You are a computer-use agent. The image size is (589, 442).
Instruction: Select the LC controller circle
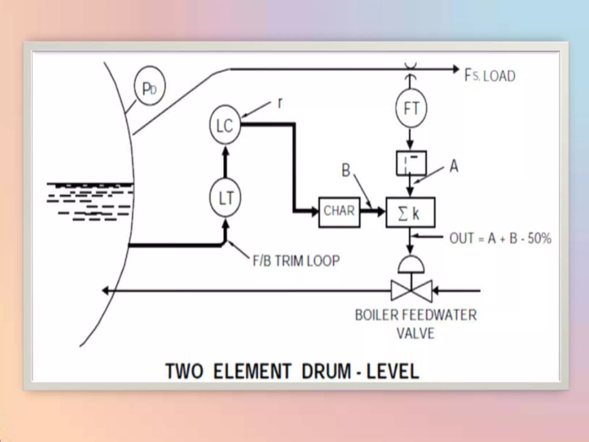pos(225,125)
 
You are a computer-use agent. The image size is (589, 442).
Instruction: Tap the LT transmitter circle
pos(225,198)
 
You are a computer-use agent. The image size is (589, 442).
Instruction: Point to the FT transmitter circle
pos(411,109)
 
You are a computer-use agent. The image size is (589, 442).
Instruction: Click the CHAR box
pos(339,212)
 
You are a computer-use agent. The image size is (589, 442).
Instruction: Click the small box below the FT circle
pos(411,163)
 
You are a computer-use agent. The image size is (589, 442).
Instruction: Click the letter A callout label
pos(454,166)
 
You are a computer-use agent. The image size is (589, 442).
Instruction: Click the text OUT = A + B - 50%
pos(500,239)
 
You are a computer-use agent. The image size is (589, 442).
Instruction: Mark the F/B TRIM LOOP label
pos(296,261)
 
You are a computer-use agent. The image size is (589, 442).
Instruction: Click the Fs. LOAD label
pos(490,76)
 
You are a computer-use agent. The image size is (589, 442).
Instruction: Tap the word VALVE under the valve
pos(415,334)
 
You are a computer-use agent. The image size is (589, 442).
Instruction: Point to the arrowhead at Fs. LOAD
pos(456,69)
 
